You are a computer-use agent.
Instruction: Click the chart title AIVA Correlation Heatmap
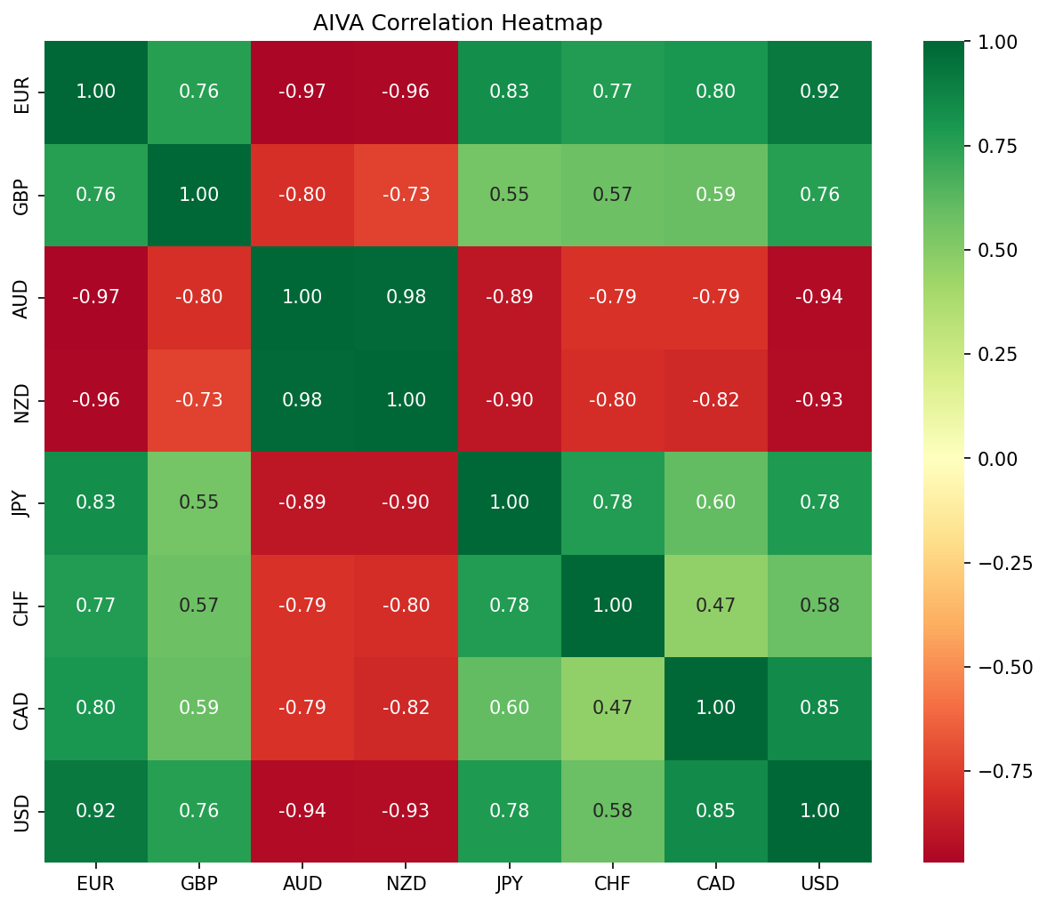pos(457,23)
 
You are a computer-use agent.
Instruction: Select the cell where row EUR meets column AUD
pos(302,92)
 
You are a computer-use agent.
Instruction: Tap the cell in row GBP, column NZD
pos(406,195)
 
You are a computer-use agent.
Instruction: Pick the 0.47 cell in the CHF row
pos(716,606)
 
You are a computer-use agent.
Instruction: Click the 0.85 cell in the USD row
pos(716,811)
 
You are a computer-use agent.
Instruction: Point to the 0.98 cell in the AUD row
pos(406,297)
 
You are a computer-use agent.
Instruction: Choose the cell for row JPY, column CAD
pos(716,502)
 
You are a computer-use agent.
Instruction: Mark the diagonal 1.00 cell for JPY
pos(509,502)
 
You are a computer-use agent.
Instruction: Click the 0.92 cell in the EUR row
pos(819,92)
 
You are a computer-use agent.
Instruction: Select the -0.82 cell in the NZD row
pos(716,400)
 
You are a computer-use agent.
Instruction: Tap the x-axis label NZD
pos(406,884)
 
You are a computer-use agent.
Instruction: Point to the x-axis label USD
pos(819,884)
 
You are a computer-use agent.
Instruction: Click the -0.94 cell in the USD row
pos(302,811)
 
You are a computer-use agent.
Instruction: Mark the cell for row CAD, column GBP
pos(199,708)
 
